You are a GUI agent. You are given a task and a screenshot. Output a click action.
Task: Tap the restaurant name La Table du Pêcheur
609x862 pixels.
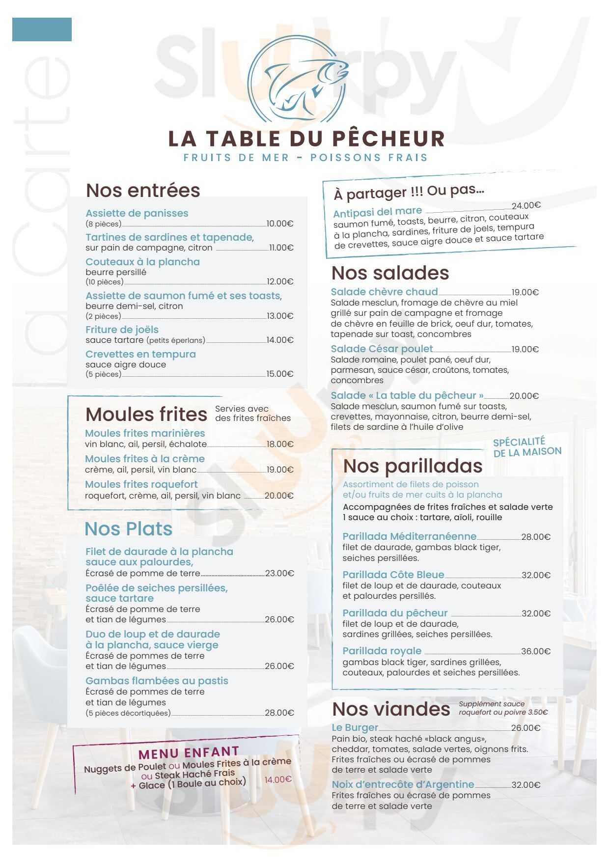(306, 139)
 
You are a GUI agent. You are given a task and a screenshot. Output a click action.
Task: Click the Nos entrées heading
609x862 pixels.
(143, 191)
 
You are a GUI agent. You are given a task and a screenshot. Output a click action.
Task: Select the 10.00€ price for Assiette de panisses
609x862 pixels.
(280, 224)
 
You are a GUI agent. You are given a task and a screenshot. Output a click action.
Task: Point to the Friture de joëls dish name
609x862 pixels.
(122, 330)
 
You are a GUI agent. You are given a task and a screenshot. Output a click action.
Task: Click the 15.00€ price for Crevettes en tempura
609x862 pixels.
(280, 374)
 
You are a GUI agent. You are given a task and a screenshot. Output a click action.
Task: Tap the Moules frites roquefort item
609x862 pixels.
(141, 484)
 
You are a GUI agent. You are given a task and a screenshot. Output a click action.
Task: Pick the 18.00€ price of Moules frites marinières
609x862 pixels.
(280, 445)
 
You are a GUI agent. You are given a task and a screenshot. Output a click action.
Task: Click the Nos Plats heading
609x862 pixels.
(128, 529)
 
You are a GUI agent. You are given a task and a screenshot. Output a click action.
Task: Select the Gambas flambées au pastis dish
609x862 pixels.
(157, 681)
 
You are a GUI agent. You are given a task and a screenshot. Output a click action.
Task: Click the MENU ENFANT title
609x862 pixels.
(189, 753)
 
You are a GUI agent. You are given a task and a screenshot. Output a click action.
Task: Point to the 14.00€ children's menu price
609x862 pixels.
(278, 779)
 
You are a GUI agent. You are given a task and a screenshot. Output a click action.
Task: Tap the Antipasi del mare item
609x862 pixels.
(377, 212)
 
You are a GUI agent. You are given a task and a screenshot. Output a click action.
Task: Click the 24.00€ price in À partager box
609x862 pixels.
(526, 206)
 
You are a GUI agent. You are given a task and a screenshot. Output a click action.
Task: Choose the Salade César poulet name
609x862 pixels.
(382, 349)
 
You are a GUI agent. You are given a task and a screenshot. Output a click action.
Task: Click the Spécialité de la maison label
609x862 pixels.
(526, 447)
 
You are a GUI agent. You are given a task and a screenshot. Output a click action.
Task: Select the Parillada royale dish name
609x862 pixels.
(382, 651)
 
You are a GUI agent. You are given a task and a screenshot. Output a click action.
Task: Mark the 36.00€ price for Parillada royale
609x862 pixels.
(536, 651)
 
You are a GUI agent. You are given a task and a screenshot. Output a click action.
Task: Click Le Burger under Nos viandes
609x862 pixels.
(355, 727)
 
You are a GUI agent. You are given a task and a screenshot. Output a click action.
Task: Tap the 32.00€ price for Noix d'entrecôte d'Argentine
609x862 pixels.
(526, 785)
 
